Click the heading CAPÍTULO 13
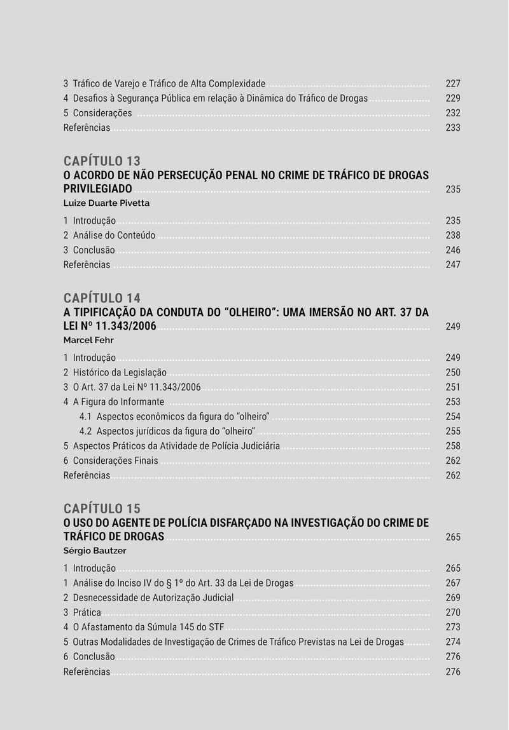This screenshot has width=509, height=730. (102, 161)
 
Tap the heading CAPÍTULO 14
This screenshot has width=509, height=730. (102, 298)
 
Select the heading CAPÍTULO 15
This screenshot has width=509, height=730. (102, 508)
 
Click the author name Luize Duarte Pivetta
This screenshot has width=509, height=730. (106, 203)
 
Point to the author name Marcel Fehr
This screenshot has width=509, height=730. (88, 340)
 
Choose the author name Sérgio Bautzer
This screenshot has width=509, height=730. (95, 551)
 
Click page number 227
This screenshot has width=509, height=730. (452, 84)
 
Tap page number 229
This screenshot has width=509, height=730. (452, 98)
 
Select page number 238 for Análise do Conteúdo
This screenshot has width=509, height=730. (452, 236)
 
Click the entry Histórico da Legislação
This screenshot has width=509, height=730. (119, 373)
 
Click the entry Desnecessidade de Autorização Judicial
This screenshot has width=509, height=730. (153, 598)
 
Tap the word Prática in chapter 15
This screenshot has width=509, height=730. (87, 612)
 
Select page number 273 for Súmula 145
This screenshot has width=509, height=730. (452, 627)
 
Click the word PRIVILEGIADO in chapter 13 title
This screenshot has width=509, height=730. (97, 189)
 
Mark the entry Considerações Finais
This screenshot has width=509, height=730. (115, 461)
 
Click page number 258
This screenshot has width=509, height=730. (452, 446)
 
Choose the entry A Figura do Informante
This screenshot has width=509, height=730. (118, 402)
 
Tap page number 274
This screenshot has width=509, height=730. (452, 642)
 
